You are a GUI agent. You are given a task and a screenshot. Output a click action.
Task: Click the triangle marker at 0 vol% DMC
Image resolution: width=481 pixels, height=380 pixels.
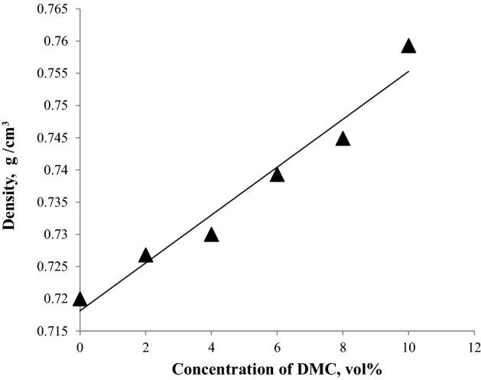coord(80,300)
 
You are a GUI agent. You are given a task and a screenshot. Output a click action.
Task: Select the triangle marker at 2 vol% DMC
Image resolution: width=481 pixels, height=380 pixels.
coord(145,255)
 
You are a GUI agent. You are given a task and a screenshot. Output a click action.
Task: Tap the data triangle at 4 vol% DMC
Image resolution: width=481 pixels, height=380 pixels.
coord(211,234)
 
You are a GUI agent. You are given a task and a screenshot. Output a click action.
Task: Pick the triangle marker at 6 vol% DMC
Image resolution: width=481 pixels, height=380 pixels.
coord(277,175)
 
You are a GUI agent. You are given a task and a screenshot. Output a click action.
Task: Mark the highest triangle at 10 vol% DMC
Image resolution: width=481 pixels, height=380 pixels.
coord(408,46)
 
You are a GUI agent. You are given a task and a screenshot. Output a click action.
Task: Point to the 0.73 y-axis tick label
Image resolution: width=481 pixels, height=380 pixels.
coord(55,234)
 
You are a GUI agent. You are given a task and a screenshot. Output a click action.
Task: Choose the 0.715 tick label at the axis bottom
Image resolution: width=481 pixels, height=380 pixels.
coord(51,331)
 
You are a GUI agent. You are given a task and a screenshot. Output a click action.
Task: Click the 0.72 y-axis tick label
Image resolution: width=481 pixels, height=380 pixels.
coord(55,299)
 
